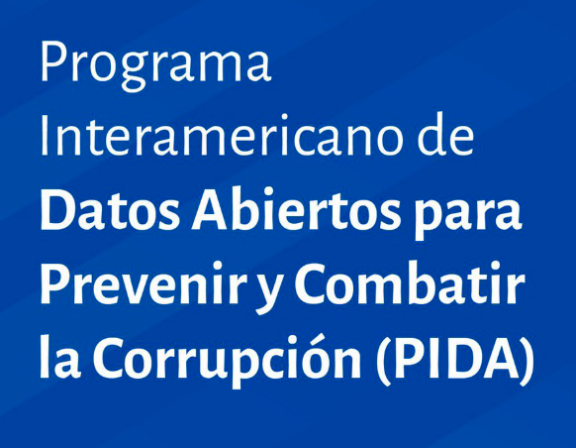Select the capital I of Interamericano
[46, 138]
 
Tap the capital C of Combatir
[313, 284]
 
